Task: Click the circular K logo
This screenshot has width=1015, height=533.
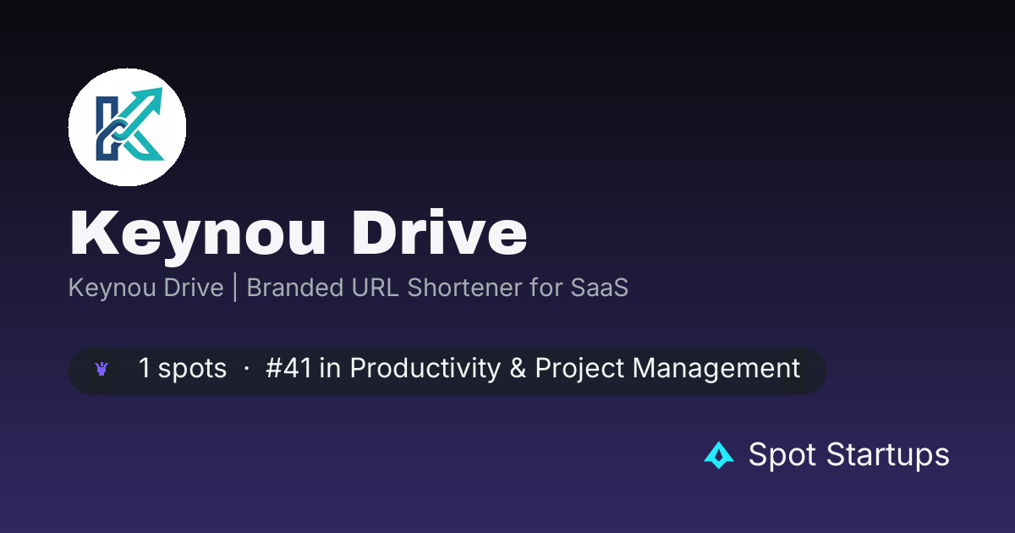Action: click(x=128, y=128)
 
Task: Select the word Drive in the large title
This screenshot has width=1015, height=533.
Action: click(x=439, y=233)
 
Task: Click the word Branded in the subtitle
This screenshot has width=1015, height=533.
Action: click(x=295, y=288)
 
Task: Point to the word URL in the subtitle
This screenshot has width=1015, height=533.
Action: click(x=376, y=288)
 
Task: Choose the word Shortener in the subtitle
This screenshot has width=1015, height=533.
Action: click(x=464, y=288)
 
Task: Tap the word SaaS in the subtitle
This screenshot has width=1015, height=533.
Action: click(x=599, y=288)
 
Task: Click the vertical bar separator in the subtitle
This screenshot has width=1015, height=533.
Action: click(x=235, y=288)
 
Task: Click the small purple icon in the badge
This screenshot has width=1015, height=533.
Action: click(x=101, y=370)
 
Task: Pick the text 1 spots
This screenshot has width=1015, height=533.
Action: click(x=183, y=368)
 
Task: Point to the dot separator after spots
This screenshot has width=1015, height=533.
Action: click(x=246, y=369)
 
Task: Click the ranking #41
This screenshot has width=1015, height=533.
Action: click(x=288, y=367)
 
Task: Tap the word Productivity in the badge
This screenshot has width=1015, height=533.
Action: click(x=425, y=368)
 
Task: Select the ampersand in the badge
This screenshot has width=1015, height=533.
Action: click(x=518, y=367)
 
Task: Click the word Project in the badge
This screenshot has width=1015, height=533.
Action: click(x=579, y=369)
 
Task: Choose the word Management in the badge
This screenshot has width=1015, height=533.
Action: click(x=716, y=368)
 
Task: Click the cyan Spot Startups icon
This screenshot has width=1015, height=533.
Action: click(x=719, y=455)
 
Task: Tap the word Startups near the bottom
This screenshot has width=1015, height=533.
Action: click(x=887, y=455)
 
